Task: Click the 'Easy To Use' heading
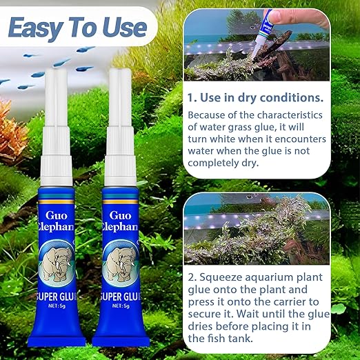click(77, 27)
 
